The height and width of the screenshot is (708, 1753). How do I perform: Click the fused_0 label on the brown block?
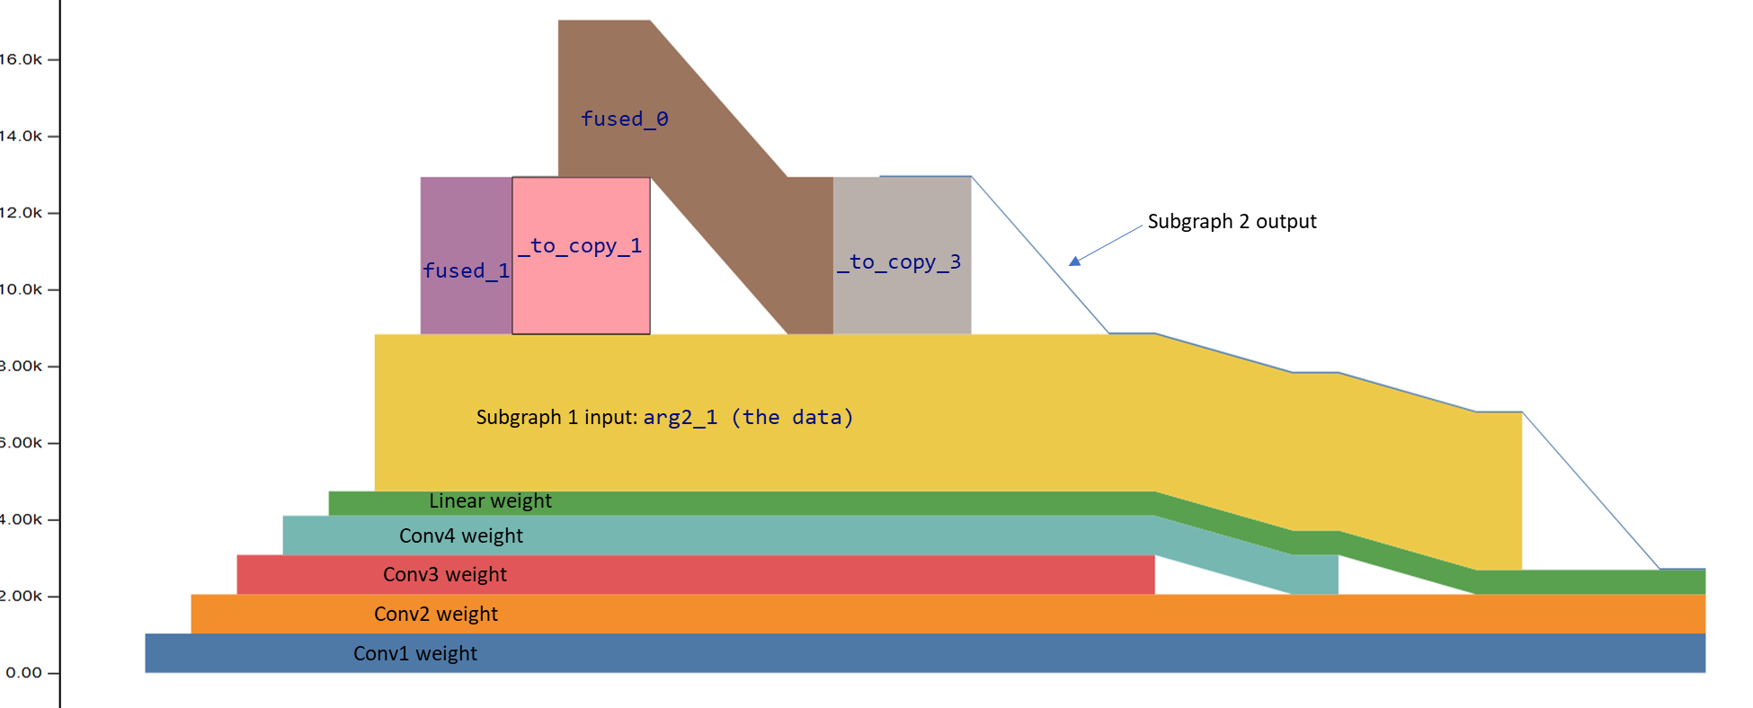pyautogui.click(x=624, y=119)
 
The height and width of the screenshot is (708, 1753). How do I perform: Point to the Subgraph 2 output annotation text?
pyautogui.click(x=1232, y=222)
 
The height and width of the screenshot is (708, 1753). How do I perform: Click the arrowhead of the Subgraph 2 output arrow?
pyautogui.click(x=1075, y=261)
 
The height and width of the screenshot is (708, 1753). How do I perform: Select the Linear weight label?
pyautogui.click(x=490, y=501)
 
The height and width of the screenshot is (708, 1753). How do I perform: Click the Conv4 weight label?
pyautogui.click(x=460, y=536)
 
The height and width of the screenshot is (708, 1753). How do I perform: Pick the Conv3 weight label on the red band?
pyautogui.click(x=444, y=575)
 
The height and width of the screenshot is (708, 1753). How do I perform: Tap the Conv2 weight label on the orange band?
pyautogui.click(x=435, y=615)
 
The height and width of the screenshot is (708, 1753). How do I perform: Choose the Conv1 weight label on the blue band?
pyautogui.click(x=414, y=654)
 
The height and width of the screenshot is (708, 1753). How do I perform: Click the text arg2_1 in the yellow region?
pyautogui.click(x=680, y=418)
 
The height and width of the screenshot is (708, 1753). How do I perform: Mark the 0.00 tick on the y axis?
pyautogui.click(x=23, y=673)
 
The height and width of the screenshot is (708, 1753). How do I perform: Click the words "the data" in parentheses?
pyautogui.click(x=792, y=418)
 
